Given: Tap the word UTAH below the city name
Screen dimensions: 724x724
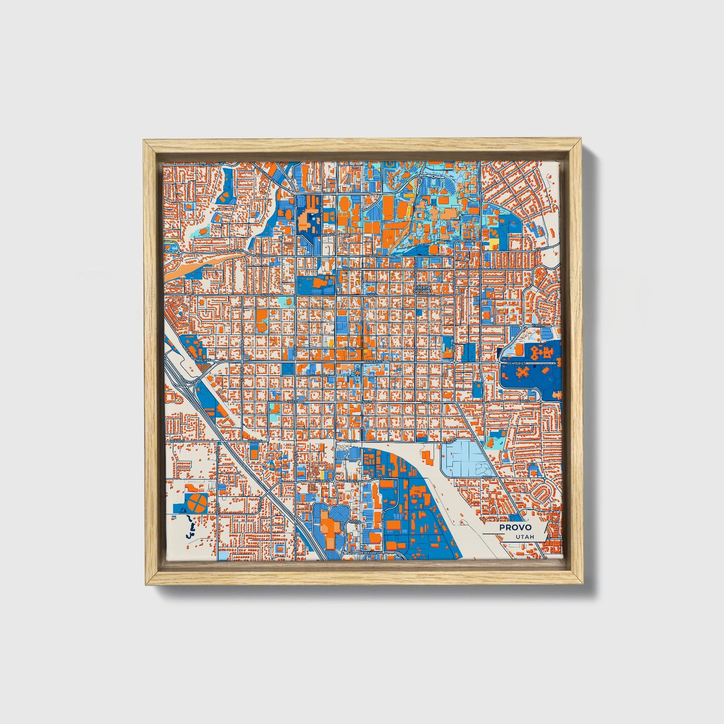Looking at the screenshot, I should click(x=524, y=537).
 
